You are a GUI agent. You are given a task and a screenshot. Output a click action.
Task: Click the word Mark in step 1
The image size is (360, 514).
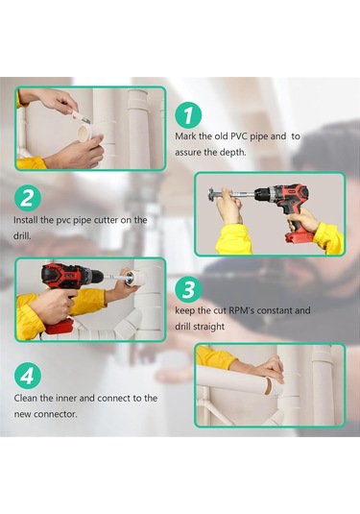click(x=188, y=137)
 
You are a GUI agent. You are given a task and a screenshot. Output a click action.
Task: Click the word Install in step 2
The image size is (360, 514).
click(x=28, y=220)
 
